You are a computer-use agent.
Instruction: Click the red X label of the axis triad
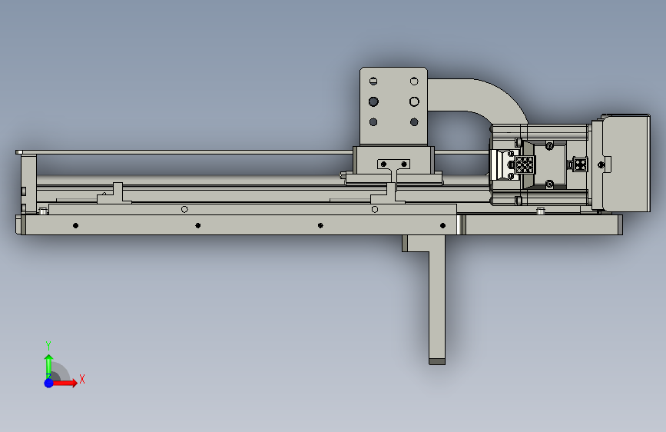82,379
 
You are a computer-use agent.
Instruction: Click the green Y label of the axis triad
48,346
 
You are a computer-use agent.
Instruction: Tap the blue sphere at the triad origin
49,383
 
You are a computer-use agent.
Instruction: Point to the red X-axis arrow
64,383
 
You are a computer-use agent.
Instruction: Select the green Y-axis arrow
49,367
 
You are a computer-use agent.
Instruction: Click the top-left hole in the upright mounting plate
373,81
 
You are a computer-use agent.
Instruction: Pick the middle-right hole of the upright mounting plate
414,101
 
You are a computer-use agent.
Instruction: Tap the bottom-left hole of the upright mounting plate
373,122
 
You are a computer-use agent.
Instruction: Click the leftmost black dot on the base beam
75,225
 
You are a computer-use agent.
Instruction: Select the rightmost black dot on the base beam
442,225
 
